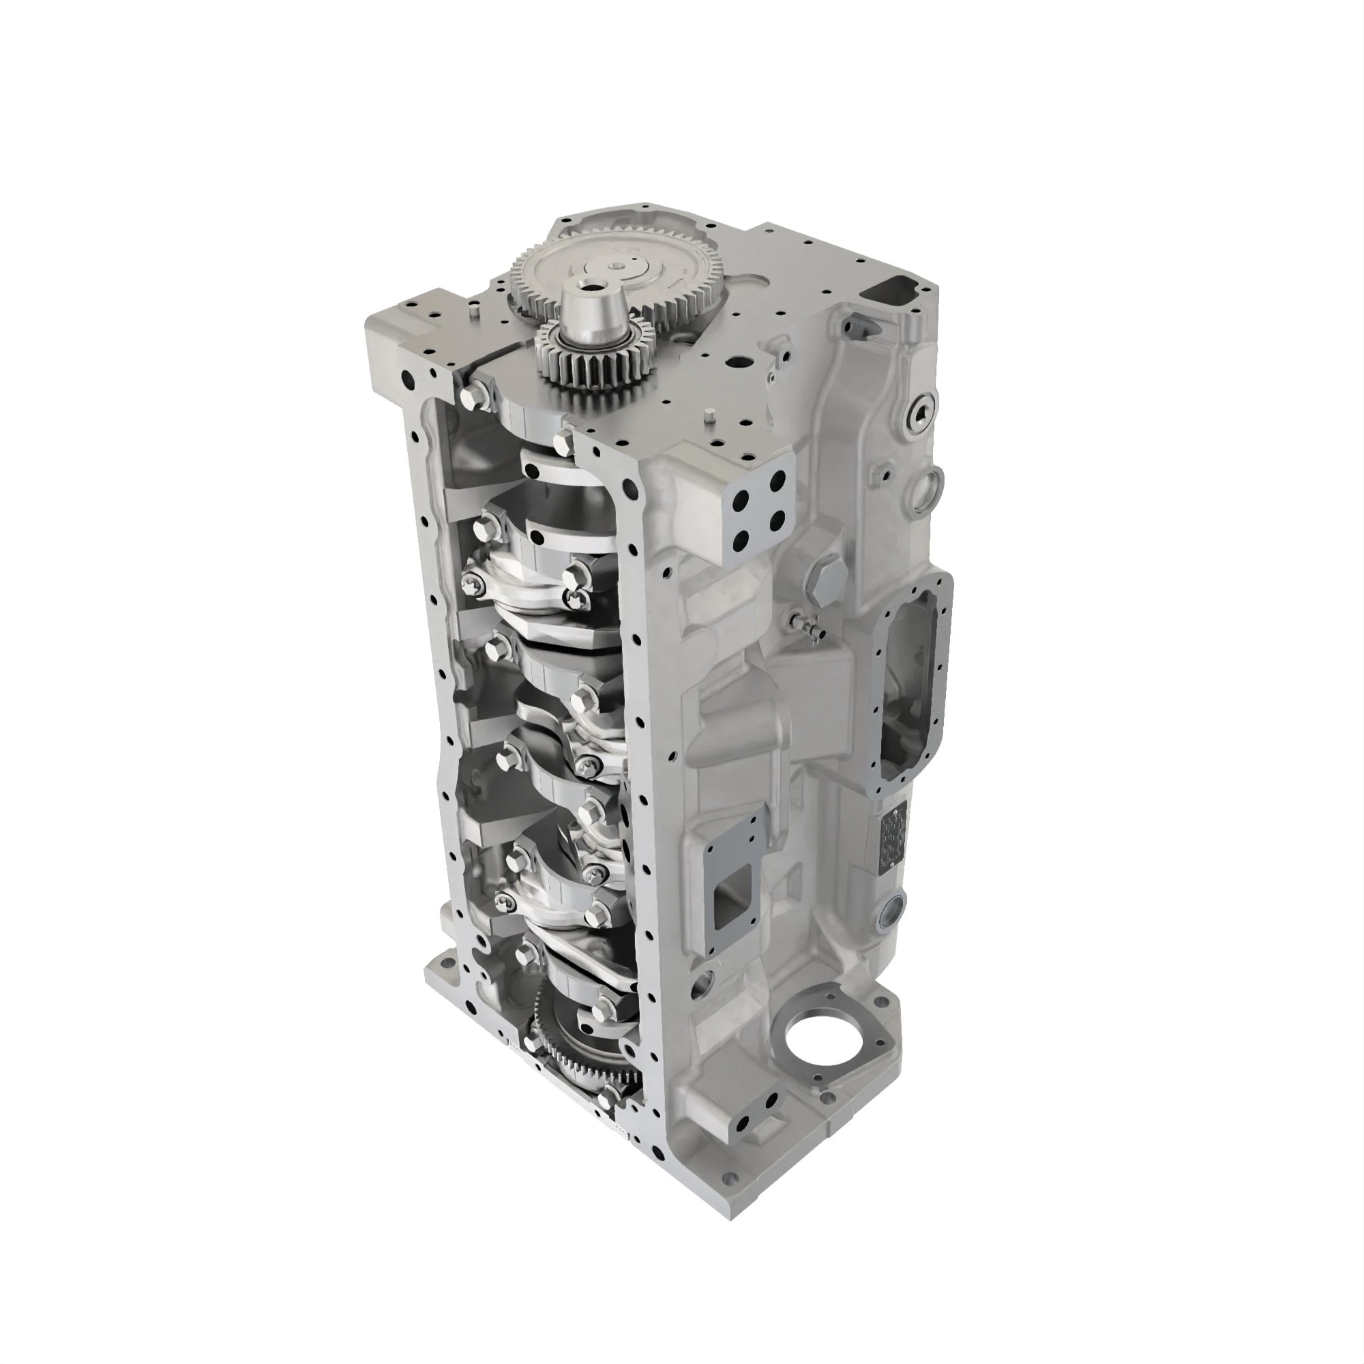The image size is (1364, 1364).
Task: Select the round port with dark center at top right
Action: point(922,413)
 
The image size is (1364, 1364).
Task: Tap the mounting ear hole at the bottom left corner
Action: point(445,961)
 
